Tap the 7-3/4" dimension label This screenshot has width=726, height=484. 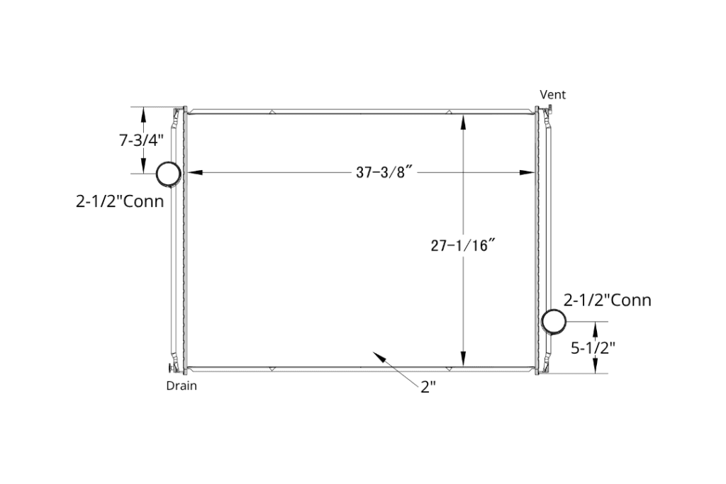point(141,140)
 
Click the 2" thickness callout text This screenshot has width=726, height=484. point(428,387)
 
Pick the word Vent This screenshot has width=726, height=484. point(553,94)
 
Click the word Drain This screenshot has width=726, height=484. point(181,386)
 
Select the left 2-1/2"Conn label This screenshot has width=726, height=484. point(120,201)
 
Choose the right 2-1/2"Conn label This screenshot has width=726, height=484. point(607,300)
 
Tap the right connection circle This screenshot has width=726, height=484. point(554,320)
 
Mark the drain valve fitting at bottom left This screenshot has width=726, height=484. point(171,368)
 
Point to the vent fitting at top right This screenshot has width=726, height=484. point(549,108)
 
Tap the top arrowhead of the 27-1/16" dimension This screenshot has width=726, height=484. point(463,122)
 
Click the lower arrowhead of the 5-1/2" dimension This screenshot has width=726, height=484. point(596,366)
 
